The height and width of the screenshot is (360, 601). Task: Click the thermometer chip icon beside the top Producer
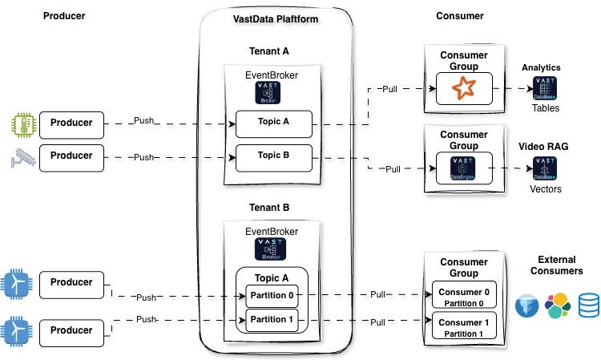click(x=22, y=123)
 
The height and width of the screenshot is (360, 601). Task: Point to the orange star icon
click(x=464, y=87)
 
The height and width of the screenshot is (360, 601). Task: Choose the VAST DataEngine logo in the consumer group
click(x=464, y=168)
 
